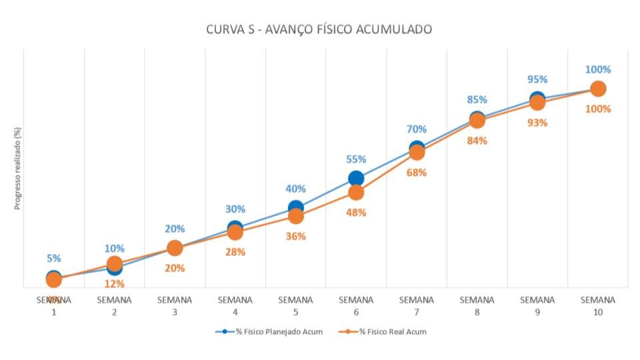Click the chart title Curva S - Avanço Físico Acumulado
pyautogui.click(x=319, y=29)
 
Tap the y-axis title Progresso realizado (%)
pyautogui.click(x=18, y=168)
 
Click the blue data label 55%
pyautogui.click(x=356, y=159)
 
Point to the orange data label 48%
pyautogui.click(x=356, y=213)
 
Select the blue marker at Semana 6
pyautogui.click(x=356, y=178)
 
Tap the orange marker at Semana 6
pyautogui.click(x=356, y=193)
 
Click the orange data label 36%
pyautogui.click(x=295, y=237)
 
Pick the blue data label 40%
pyautogui.click(x=295, y=189)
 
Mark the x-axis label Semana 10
pyautogui.click(x=598, y=305)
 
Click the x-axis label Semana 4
pyautogui.click(x=235, y=305)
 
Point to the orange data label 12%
pyautogui.click(x=114, y=284)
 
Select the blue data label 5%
pyautogui.click(x=54, y=259)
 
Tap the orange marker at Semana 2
pyautogui.click(x=114, y=264)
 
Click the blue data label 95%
pyautogui.click(x=537, y=81)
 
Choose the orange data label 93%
pyautogui.click(x=537, y=123)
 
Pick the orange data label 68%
pyautogui.click(x=417, y=173)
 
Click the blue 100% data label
pyautogui.click(x=598, y=69)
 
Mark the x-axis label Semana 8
pyautogui.click(x=477, y=305)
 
